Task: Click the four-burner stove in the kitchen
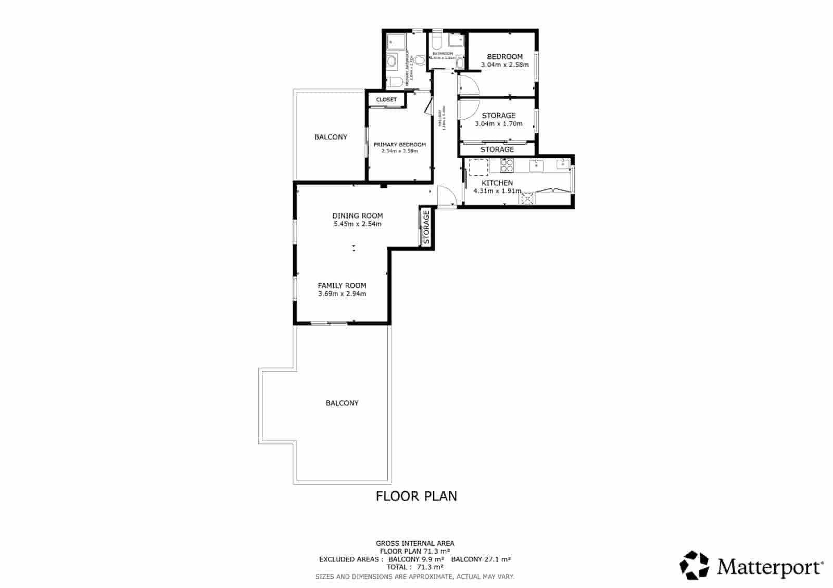(507, 165)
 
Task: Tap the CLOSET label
(386, 99)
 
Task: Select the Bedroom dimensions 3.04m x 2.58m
(504, 65)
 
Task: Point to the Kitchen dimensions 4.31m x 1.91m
(497, 191)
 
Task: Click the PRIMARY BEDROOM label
(399, 145)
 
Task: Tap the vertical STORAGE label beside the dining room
(426, 227)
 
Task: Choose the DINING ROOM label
(358, 215)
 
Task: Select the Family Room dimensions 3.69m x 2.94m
(342, 293)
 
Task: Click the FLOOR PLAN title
(416, 496)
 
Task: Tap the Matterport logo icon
(695, 565)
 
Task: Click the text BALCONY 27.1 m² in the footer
(481, 559)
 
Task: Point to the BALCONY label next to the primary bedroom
(331, 137)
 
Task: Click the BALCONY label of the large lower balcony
(342, 403)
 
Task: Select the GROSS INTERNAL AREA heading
(415, 543)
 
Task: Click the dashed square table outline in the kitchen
(478, 168)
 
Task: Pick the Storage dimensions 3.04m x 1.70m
(498, 124)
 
